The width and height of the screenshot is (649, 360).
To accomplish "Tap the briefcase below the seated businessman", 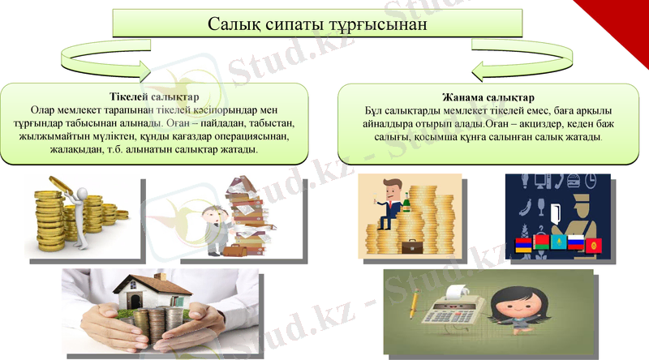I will click(413, 245).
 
